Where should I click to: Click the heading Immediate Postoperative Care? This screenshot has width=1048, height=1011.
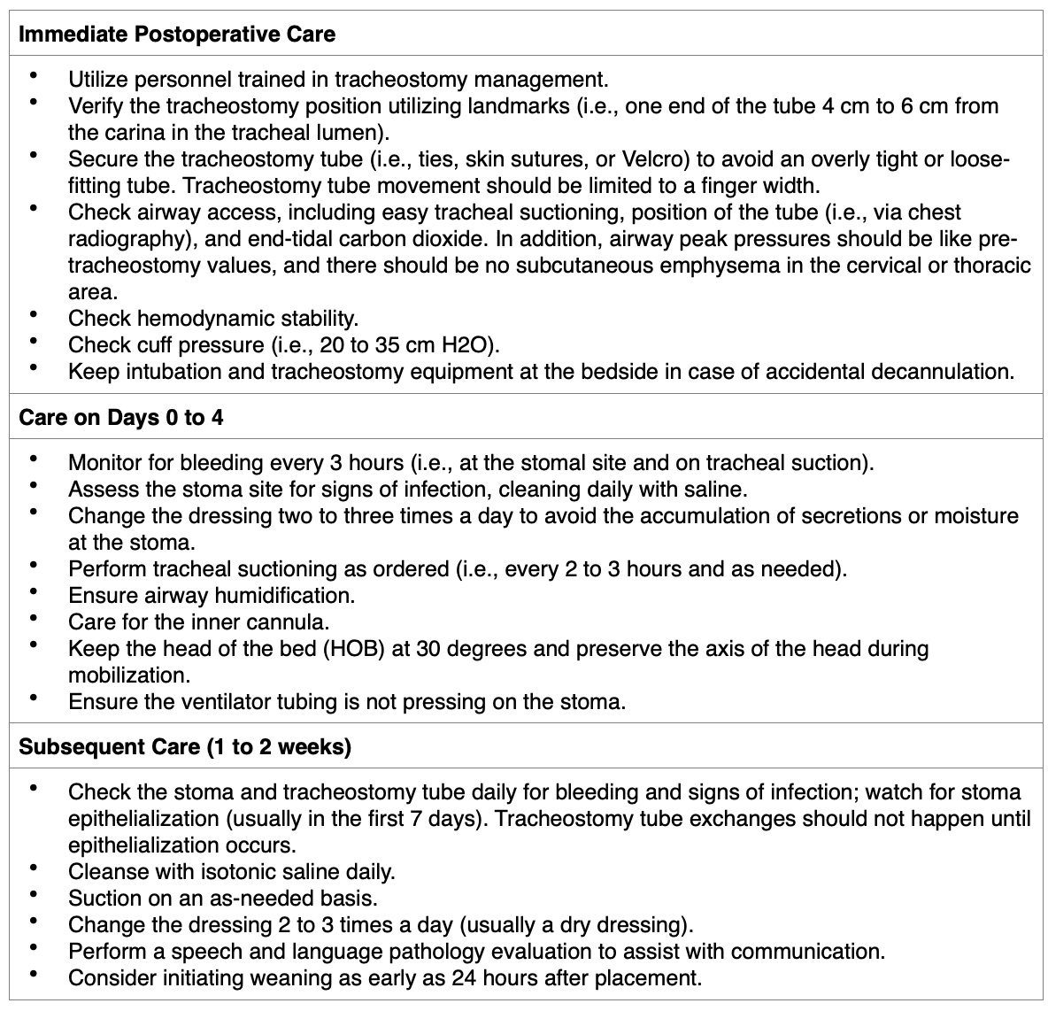(177, 35)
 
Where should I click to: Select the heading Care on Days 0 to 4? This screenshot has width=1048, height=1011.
(121, 417)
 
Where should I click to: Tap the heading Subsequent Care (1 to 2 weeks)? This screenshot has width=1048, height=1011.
(185, 746)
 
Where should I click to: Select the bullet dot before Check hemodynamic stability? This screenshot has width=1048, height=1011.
(34, 314)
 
